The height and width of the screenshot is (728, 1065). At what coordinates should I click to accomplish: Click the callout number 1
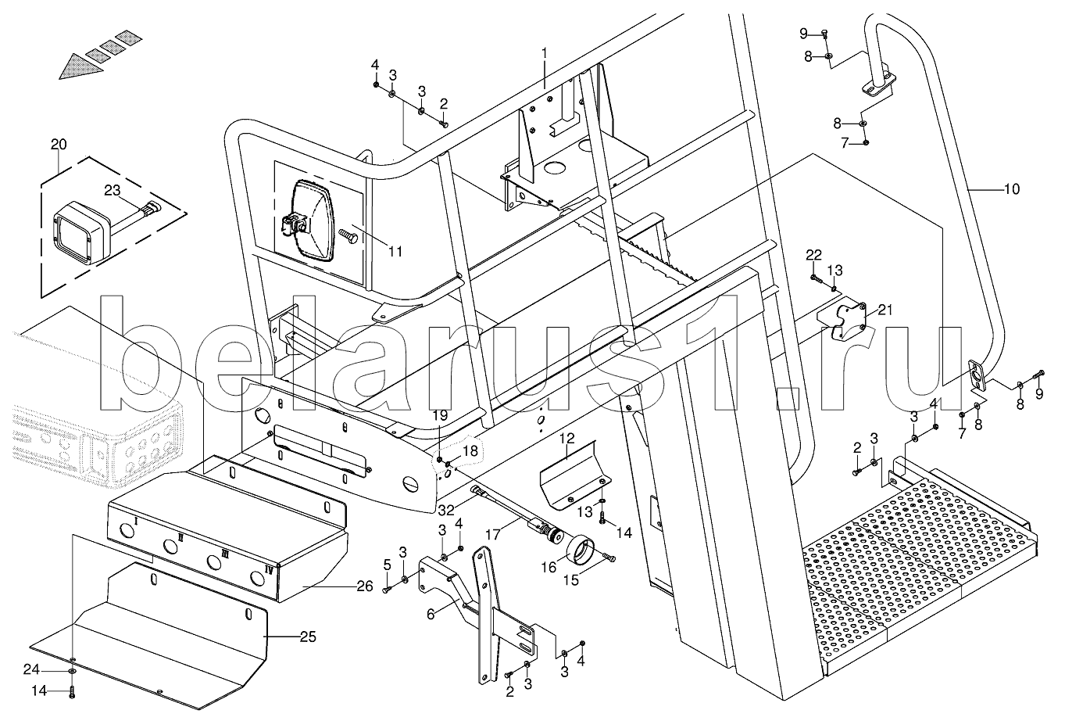pyautogui.click(x=545, y=53)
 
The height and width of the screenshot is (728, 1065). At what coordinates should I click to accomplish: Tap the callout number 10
pyautogui.click(x=1012, y=189)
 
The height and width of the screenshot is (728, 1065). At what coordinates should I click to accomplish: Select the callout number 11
pyautogui.click(x=395, y=251)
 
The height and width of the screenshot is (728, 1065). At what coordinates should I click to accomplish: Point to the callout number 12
pyautogui.click(x=566, y=438)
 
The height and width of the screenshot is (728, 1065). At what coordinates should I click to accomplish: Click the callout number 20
pyautogui.click(x=59, y=144)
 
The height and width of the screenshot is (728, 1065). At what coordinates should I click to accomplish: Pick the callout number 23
pyautogui.click(x=113, y=190)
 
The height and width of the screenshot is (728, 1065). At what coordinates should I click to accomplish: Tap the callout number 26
pyautogui.click(x=365, y=586)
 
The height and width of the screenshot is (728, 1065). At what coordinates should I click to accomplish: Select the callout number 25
pyautogui.click(x=308, y=637)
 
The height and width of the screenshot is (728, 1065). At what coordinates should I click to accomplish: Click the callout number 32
pyautogui.click(x=446, y=511)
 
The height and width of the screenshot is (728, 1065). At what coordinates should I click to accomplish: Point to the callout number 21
pyautogui.click(x=885, y=310)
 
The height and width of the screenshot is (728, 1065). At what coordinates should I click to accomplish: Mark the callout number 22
pyautogui.click(x=813, y=255)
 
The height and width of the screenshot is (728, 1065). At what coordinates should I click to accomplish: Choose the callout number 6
pyautogui.click(x=431, y=615)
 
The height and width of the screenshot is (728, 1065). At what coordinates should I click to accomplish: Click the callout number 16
pyautogui.click(x=549, y=567)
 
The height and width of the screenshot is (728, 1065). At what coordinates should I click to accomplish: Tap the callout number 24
pyautogui.click(x=31, y=669)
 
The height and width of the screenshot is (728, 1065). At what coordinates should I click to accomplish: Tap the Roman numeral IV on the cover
pyautogui.click(x=269, y=571)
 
